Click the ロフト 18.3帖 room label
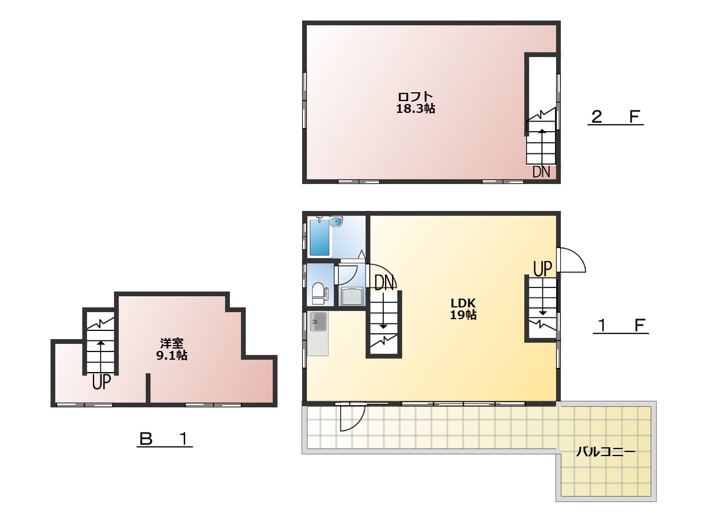tap(415, 103)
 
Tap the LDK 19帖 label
tap(463, 309)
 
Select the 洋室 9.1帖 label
tap(172, 349)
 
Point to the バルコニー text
tap(605, 452)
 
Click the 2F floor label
tap(615, 117)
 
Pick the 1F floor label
tap(620, 326)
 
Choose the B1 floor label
tap(165, 439)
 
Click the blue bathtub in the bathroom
tap(319, 237)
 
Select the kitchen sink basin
tap(318, 322)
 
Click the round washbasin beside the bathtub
tap(336, 222)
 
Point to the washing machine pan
tap(353, 297)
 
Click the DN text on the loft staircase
tap(541, 172)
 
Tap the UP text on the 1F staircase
tap(543, 269)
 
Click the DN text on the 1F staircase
tap(384, 283)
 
